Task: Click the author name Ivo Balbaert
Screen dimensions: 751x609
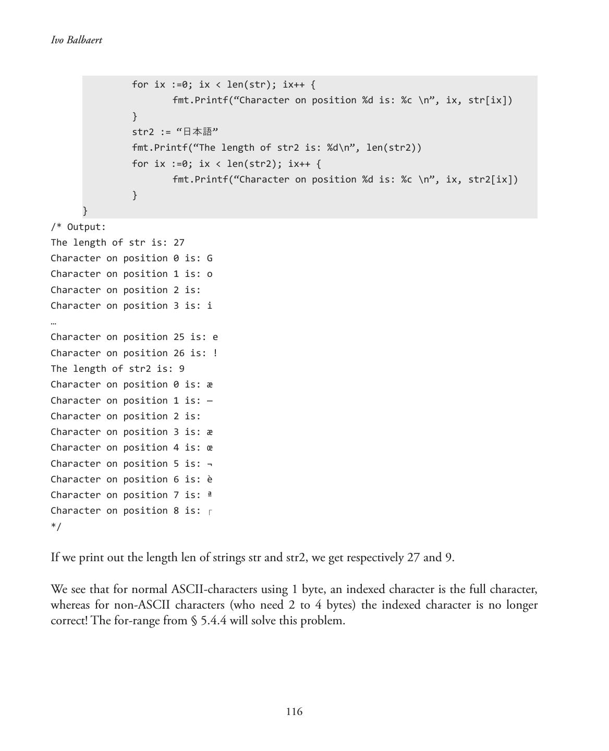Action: coord(77,40)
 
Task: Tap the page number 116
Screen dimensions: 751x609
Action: coord(294,711)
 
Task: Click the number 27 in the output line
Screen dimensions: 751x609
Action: coord(179,243)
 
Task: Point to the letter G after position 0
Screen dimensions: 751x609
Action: coord(210,258)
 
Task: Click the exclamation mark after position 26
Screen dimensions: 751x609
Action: coord(215,353)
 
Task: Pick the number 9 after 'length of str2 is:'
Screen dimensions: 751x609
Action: coord(181,369)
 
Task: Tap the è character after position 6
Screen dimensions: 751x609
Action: coord(210,479)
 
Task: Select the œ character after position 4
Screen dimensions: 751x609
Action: coord(210,447)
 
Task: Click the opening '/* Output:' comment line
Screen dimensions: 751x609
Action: coord(78,227)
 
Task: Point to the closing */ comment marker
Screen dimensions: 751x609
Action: coord(56,526)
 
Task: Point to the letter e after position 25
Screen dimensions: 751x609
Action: coord(215,337)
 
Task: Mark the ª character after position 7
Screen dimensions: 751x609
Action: coord(210,494)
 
